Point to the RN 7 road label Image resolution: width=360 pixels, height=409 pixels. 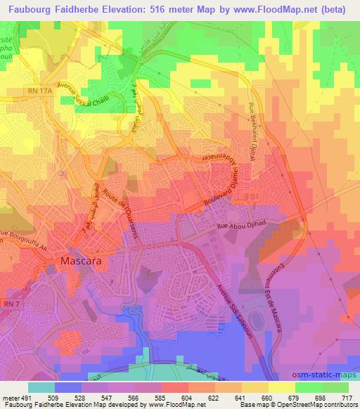click(11, 304)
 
